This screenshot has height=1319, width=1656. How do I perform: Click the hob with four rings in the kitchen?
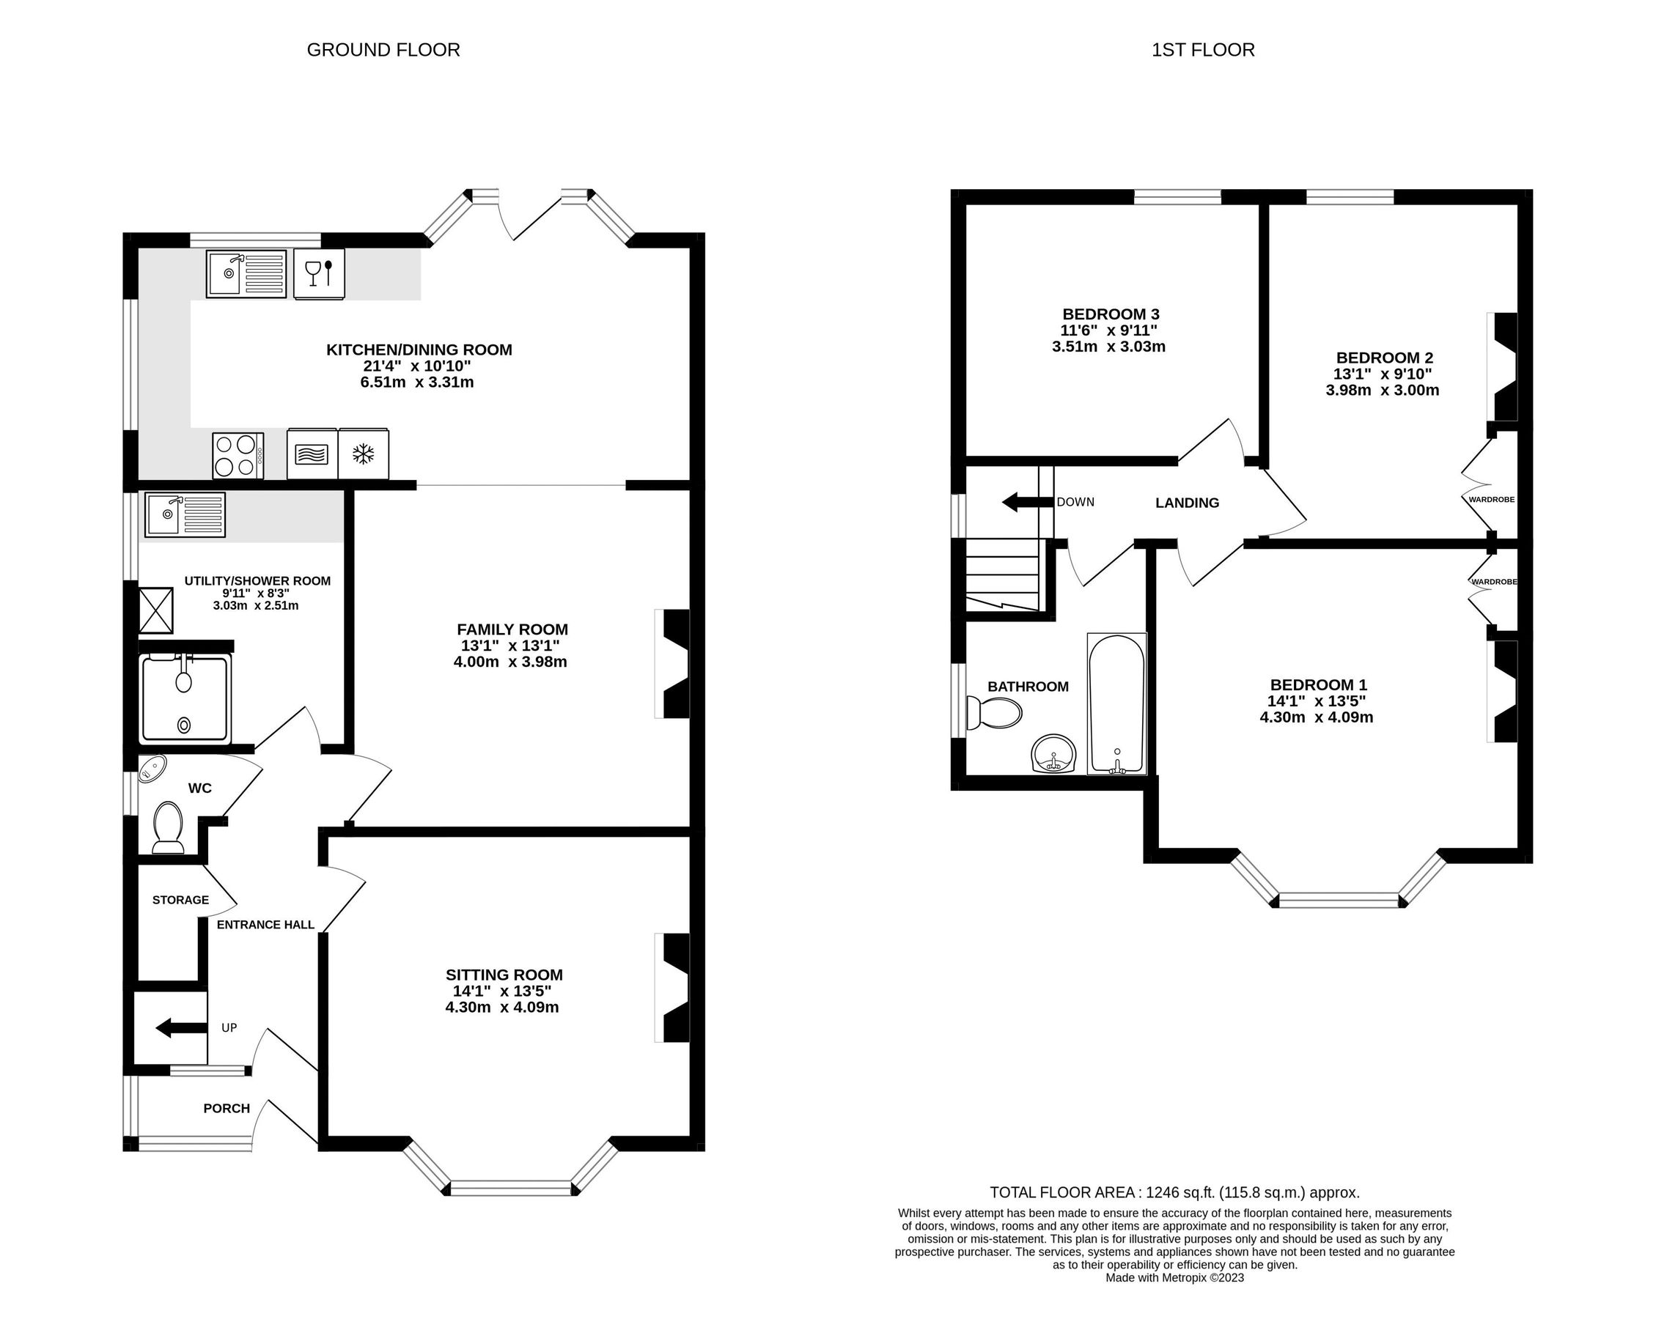pyautogui.click(x=238, y=455)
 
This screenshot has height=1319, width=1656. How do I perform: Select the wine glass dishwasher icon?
pyautogui.click(x=319, y=273)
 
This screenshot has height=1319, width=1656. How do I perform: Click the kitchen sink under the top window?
pyautogui.click(x=246, y=273)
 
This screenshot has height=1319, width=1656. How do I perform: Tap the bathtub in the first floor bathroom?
pyautogui.click(x=1116, y=703)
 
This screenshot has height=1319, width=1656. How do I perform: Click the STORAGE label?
pyautogui.click(x=180, y=900)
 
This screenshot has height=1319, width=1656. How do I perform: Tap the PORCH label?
pyautogui.click(x=227, y=1109)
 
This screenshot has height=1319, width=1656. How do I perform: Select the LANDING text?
pyautogui.click(x=1187, y=503)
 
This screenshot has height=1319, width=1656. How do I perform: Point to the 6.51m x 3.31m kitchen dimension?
pyautogui.click(x=417, y=383)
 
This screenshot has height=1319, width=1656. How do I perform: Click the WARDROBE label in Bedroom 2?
pyautogui.click(x=1491, y=499)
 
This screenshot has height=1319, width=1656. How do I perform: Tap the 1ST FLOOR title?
pyautogui.click(x=1203, y=50)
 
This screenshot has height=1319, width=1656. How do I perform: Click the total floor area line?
pyautogui.click(x=1174, y=1192)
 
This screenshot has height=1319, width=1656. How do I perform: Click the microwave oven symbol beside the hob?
pyautogui.click(x=312, y=454)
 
